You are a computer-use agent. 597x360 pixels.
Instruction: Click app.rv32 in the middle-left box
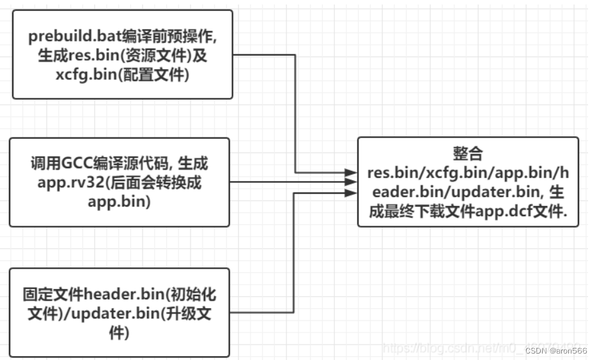click(61, 182)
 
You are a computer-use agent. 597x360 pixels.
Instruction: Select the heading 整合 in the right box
click(467, 154)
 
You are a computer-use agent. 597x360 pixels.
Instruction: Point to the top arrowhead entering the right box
click(350, 173)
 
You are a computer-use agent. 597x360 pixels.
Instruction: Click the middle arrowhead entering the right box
click(350, 182)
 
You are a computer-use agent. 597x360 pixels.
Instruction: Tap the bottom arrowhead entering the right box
click(350, 192)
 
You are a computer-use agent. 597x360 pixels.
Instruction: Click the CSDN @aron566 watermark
click(556, 350)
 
